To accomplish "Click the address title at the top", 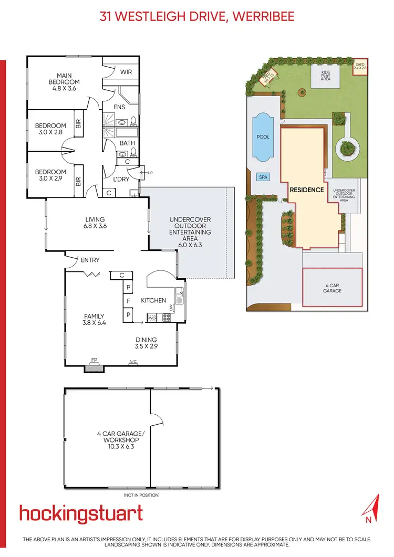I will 197,16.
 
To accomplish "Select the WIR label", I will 126,72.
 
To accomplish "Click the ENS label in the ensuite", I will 120,106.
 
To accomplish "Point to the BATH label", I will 127,143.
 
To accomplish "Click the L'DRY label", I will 122,180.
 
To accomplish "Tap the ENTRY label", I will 90,260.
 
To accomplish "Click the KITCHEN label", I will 153,300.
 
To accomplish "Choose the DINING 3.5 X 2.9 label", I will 147,343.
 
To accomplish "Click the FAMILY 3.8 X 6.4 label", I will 95,320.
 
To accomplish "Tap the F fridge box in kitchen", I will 128,301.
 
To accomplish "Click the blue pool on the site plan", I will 263,137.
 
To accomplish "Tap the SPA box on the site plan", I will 263,177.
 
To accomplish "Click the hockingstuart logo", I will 81,513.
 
